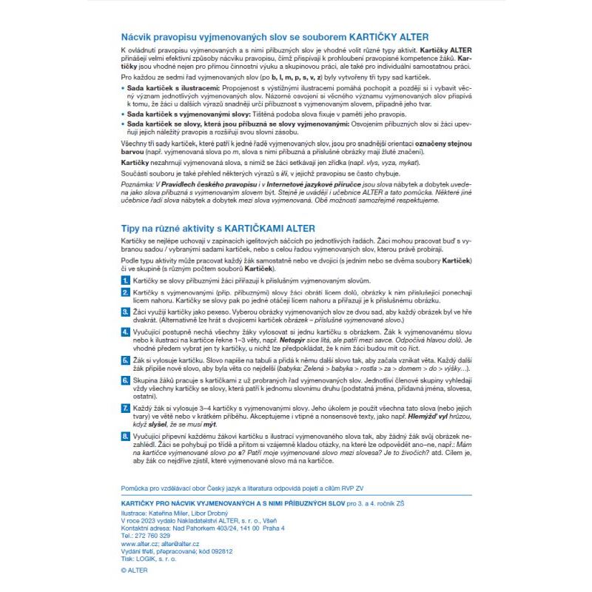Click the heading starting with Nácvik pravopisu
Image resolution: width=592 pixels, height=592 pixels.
(x=273, y=36)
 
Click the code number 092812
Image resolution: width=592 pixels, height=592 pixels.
(x=219, y=551)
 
